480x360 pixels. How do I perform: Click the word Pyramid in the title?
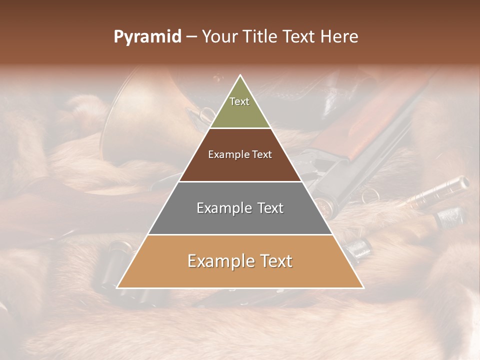tap(147, 37)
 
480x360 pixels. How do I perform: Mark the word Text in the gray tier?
tap(270, 208)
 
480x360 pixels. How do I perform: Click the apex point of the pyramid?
tap(240, 76)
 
